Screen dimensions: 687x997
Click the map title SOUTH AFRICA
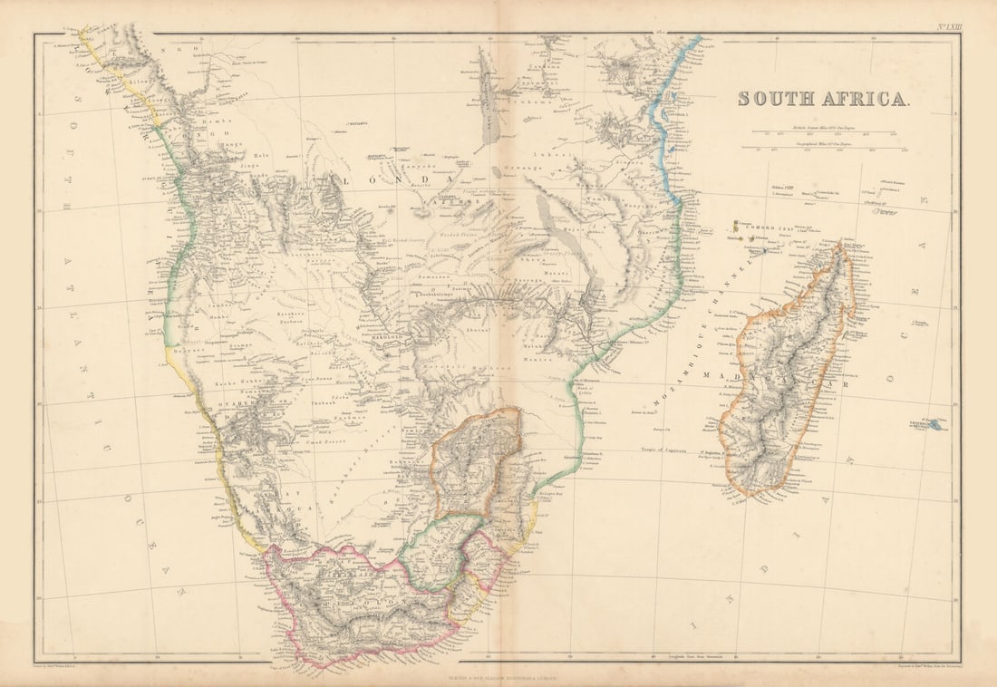coord(822,99)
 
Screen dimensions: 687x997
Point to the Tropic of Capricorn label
coord(670,448)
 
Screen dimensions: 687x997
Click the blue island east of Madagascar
coord(931,423)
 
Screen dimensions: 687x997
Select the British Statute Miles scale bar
coord(829,132)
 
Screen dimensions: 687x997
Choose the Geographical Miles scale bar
coord(829,147)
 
